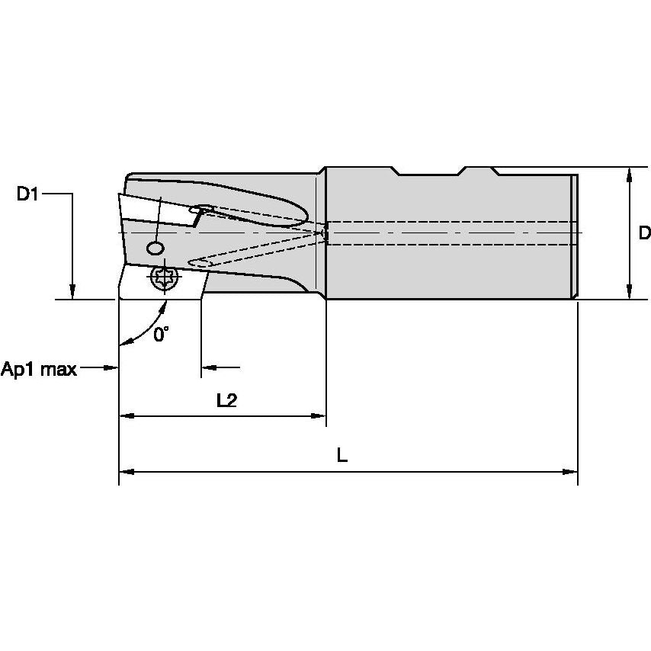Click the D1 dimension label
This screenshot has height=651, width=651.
[x=27, y=194]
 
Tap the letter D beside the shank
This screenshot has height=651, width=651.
[x=644, y=233]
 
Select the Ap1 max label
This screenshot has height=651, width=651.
[x=39, y=370]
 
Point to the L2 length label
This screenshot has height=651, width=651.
[x=226, y=401]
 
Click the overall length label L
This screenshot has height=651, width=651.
[x=342, y=455]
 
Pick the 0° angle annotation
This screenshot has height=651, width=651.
[x=160, y=335]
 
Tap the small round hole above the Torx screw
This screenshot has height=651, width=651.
[x=156, y=249]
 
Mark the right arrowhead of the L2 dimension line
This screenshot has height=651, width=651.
[x=319, y=416]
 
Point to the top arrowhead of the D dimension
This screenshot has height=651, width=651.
[x=629, y=175]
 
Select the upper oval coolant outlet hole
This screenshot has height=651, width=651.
[x=202, y=208]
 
